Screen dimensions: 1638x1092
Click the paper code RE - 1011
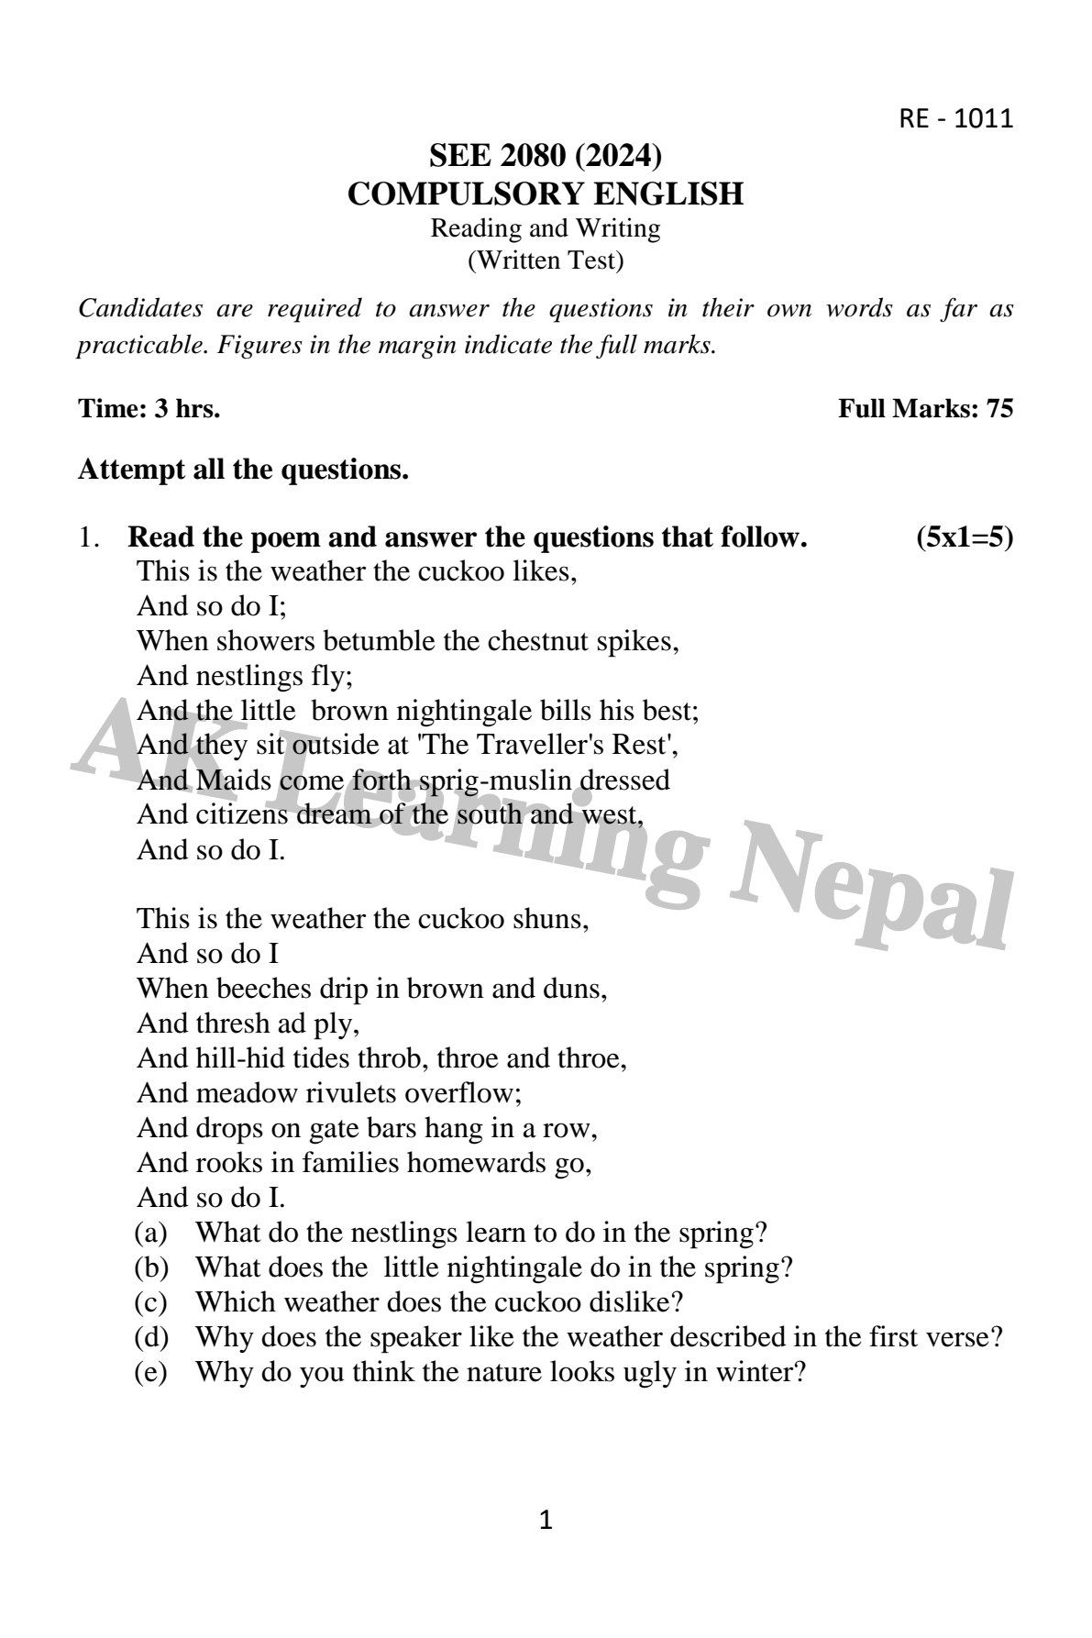point(956,118)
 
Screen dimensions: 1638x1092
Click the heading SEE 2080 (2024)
point(545,157)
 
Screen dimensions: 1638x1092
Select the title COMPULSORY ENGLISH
point(545,194)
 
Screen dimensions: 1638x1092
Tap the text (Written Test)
point(545,260)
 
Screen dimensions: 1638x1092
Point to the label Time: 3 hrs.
point(149,408)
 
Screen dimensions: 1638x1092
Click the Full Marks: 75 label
point(925,408)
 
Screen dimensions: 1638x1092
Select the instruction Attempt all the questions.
point(243,470)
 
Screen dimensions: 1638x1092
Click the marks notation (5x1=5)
point(965,537)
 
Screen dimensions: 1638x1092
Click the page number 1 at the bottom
point(546,1522)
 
